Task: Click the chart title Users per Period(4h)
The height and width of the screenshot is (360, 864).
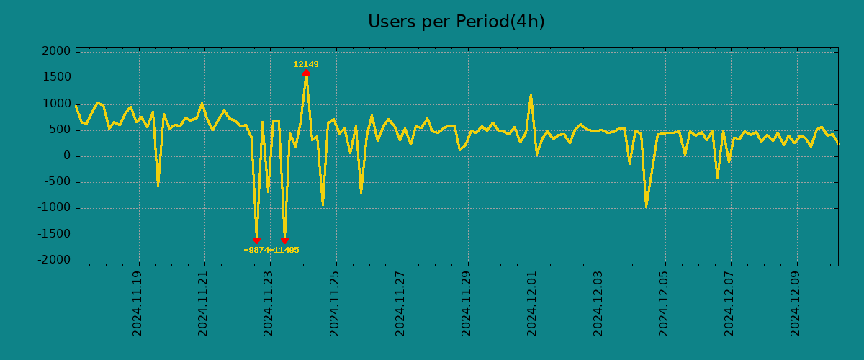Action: click(456, 22)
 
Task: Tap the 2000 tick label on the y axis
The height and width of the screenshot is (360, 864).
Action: click(56, 52)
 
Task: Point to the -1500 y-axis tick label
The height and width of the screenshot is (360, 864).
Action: click(53, 235)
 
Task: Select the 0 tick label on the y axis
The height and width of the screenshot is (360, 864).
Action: click(66, 156)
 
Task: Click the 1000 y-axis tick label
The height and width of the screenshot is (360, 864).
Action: click(56, 104)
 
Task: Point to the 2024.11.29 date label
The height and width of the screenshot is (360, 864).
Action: click(467, 303)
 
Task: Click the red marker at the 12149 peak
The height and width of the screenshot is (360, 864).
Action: click(306, 73)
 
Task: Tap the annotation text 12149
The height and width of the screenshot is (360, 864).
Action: click(305, 65)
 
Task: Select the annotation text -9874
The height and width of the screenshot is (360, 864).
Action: click(257, 251)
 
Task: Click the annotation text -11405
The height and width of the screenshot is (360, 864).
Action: click(285, 251)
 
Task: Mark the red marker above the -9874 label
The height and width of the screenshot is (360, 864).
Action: click(256, 240)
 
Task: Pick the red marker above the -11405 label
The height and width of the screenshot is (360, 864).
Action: click(284, 240)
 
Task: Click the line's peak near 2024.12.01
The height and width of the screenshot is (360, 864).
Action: click(531, 95)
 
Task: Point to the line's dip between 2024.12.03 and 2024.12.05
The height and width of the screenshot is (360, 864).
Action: click(646, 207)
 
